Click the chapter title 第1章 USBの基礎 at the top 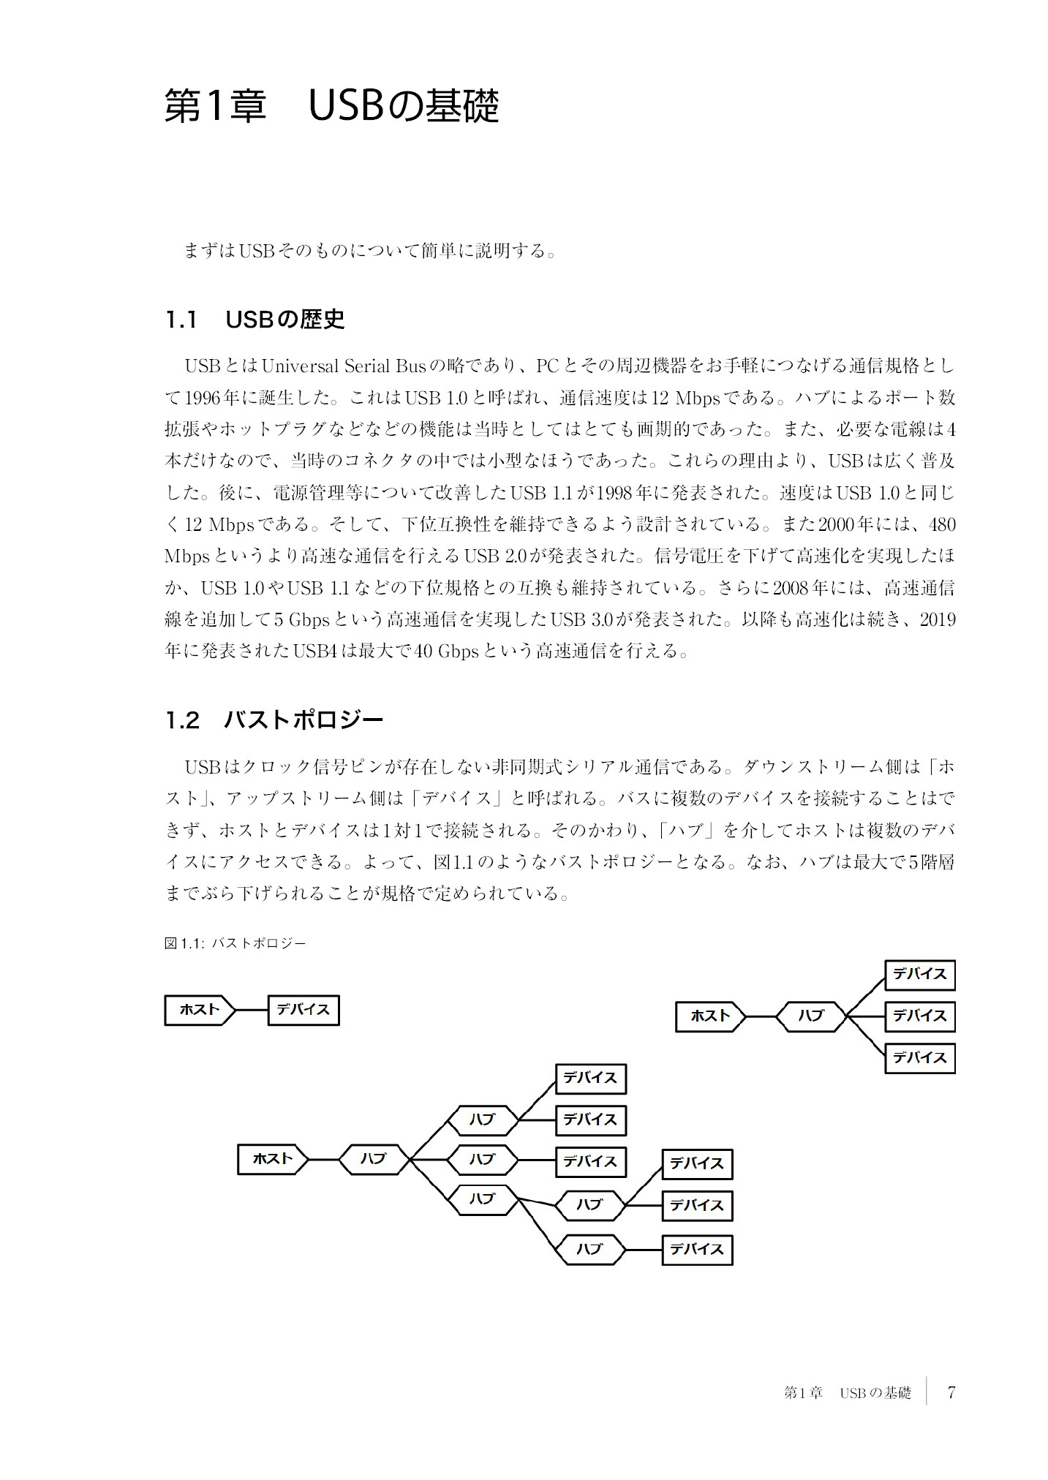pos(331,107)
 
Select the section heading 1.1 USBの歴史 pos(255,320)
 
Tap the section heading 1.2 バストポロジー pos(274,720)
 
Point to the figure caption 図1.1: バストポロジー pos(235,943)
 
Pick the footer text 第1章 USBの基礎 pos(847,1393)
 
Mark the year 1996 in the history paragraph pos(203,398)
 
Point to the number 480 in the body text pos(940,525)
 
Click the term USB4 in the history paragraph pos(314,651)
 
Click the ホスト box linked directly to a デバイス pos(200,1010)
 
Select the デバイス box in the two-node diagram pos(304,1010)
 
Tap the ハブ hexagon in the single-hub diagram pos(810,1016)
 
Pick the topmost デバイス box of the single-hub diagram pos(919,974)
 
